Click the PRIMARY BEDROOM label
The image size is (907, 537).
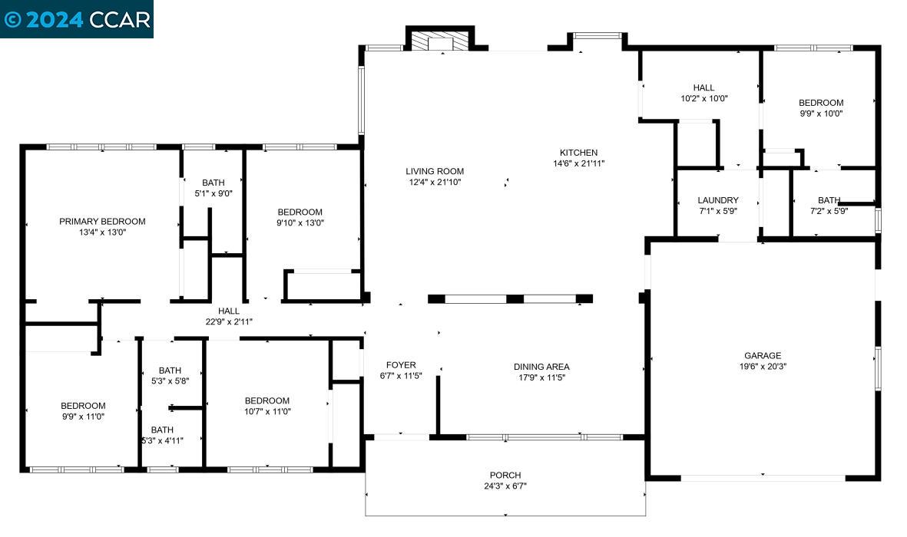click(102, 222)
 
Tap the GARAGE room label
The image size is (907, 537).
click(762, 355)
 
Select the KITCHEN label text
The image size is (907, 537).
click(578, 153)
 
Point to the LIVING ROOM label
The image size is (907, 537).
click(435, 171)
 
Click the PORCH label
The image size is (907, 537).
click(505, 476)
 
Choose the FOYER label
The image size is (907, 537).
click(401, 365)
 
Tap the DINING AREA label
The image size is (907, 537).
click(541, 367)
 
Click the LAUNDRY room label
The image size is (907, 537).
click(718, 200)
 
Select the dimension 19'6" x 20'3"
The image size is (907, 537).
click(762, 366)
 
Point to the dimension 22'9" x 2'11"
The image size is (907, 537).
click(228, 321)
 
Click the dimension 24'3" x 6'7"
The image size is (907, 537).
click(505, 486)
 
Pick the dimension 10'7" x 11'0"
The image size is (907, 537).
click(267, 411)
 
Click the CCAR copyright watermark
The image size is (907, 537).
click(77, 19)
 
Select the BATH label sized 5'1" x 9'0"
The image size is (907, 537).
click(214, 183)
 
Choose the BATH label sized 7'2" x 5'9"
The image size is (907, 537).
click(829, 200)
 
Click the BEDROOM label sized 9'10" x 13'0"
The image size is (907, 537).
click(300, 212)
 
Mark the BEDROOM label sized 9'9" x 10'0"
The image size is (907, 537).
click(821, 103)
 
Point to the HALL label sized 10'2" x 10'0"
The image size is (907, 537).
click(703, 88)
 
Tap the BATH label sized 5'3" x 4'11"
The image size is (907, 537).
click(162, 430)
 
